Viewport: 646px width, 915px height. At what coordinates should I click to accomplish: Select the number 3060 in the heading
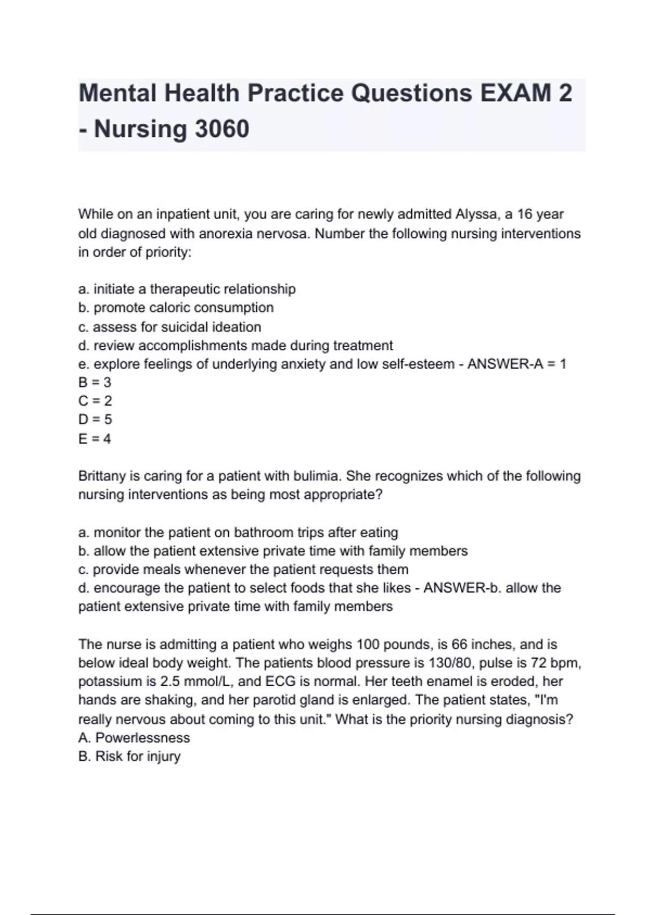pos(222,129)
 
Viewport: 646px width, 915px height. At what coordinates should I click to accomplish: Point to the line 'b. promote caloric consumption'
pos(176,308)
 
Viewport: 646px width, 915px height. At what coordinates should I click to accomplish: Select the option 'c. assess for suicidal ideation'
pos(170,327)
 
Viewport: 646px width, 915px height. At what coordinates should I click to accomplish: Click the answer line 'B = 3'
pos(95,383)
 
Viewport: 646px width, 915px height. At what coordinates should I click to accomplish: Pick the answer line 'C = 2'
pos(95,401)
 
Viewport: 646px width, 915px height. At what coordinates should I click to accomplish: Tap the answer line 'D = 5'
pos(95,419)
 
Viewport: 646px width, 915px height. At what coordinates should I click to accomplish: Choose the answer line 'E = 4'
pos(95,439)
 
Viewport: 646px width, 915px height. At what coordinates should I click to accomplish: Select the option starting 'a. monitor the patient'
pos(238,533)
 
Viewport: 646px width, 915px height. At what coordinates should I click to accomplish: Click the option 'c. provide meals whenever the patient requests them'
pos(243,569)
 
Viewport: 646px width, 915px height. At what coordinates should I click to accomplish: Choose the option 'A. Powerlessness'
pos(134,738)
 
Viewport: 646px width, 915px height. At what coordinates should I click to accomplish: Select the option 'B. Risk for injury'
pos(129,757)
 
